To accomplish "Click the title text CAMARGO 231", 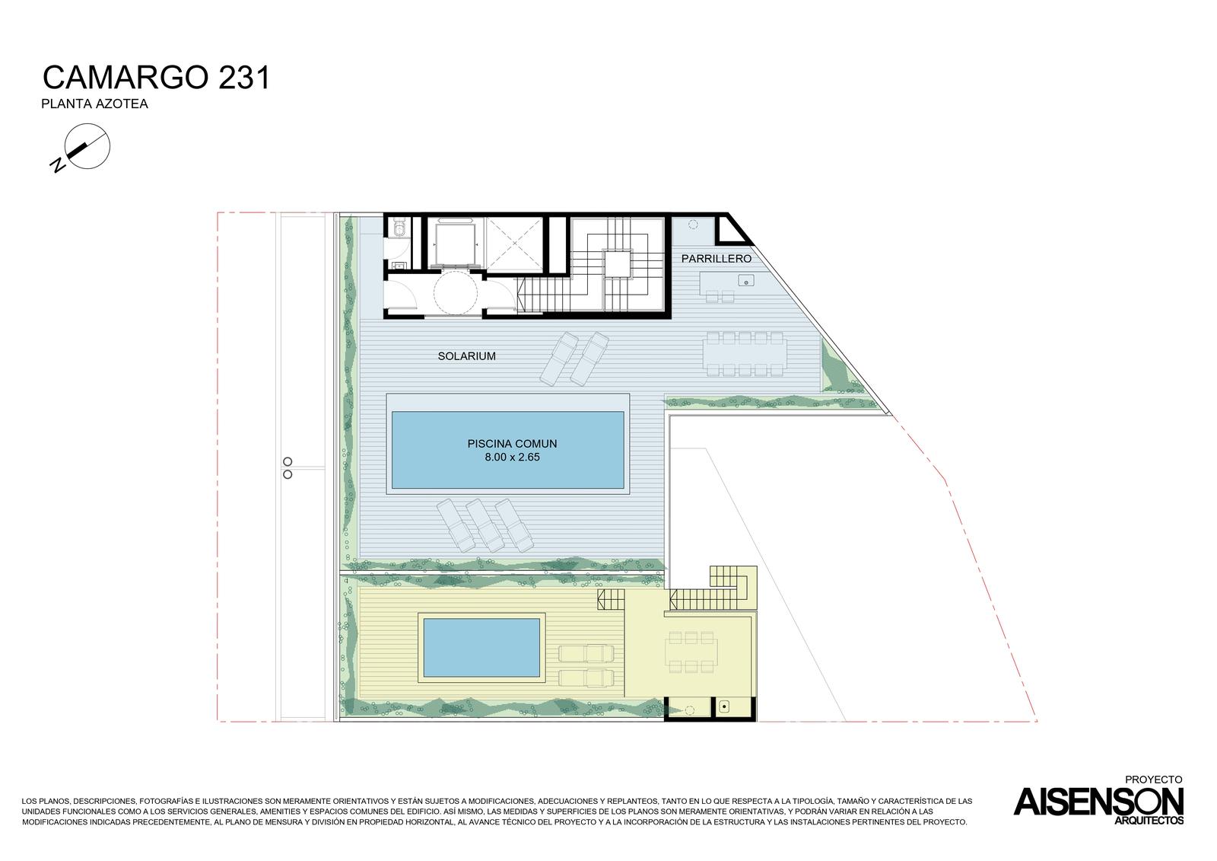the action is (157, 77).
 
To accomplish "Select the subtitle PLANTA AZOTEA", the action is (94, 104).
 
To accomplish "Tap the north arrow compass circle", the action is (87, 145).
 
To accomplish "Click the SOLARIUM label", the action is (467, 356).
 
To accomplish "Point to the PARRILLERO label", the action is (716, 259).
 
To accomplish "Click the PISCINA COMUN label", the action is (513, 444).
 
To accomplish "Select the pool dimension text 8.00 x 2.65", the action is (513, 458).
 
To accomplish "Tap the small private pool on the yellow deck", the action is (481, 647).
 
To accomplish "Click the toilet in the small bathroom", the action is (399, 229).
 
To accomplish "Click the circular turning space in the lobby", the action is (456, 292).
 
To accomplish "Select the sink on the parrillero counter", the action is (746, 281).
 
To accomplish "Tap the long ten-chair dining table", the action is (744, 354).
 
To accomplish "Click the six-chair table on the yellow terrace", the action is (691, 652).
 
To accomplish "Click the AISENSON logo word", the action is (1098, 802).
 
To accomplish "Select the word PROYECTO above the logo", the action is (1153, 780).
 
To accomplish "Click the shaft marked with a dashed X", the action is (514, 243).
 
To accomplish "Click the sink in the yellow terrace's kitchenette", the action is (723, 707).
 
